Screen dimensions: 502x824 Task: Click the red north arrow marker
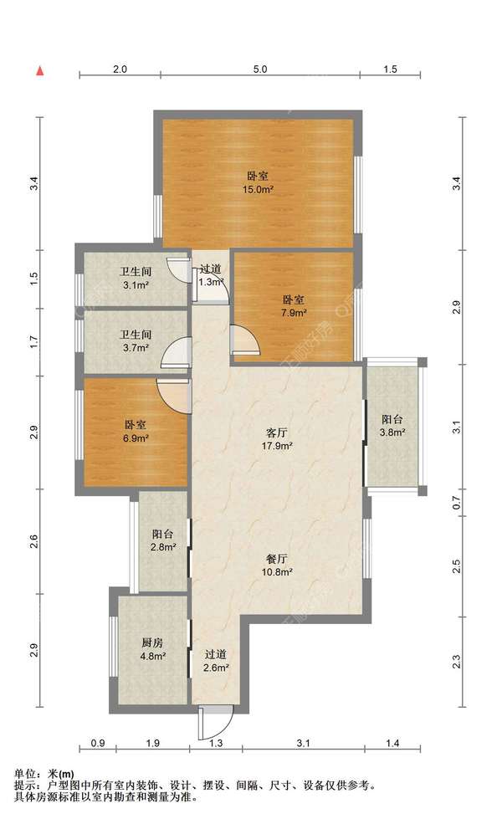click(x=39, y=71)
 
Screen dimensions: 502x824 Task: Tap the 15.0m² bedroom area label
click(x=258, y=182)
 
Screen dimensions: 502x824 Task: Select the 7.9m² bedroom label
click(x=294, y=306)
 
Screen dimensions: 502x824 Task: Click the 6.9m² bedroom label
click(x=136, y=431)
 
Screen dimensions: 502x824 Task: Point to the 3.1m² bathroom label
click(x=136, y=279)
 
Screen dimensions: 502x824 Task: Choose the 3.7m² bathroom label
click(x=136, y=340)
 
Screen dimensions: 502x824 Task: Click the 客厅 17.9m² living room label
click(x=277, y=439)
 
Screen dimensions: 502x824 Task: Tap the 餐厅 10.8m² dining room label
click(x=277, y=566)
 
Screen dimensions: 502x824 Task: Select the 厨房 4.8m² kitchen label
click(x=152, y=648)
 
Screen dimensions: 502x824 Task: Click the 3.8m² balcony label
click(x=392, y=426)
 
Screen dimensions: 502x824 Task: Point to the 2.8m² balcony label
click(x=163, y=540)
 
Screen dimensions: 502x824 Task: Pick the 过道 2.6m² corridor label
click(x=216, y=661)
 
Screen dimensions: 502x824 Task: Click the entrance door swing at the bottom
click(x=216, y=723)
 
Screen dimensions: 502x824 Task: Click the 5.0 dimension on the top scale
click(x=260, y=69)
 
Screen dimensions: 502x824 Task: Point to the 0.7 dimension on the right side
click(x=456, y=503)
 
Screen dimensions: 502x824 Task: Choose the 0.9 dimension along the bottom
click(x=98, y=743)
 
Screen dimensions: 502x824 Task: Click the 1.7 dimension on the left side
click(x=34, y=342)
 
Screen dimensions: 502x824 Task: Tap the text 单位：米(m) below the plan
click(x=44, y=774)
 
